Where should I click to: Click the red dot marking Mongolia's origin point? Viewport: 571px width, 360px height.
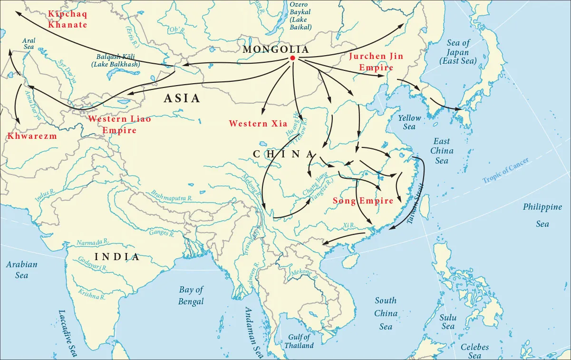click(x=292, y=58)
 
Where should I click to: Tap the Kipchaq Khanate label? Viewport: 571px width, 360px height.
click(x=67, y=19)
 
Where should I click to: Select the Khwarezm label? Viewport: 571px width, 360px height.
click(x=32, y=136)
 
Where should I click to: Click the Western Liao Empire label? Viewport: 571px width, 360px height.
click(x=119, y=125)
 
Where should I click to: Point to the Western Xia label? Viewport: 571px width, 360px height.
click(x=255, y=124)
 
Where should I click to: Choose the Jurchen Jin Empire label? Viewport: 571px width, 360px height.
click(x=376, y=62)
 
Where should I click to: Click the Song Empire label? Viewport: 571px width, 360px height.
click(x=363, y=201)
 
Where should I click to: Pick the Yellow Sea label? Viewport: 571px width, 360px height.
click(x=409, y=122)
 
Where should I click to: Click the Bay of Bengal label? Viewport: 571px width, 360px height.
click(x=191, y=295)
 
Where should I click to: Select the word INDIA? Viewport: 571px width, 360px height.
click(x=117, y=257)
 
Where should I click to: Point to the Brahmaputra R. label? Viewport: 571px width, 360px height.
click(x=171, y=195)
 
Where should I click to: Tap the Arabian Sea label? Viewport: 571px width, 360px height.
click(x=21, y=269)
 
